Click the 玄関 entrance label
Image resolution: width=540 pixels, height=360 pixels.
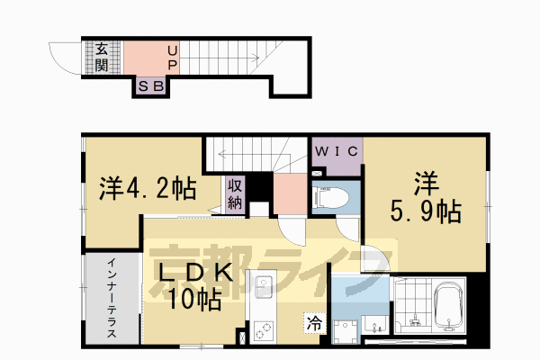tap(102, 58)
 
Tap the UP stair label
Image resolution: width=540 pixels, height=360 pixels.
tap(173, 58)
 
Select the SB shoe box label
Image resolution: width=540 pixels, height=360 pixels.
tap(151, 86)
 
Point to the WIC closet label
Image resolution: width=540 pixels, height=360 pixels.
tap(337, 151)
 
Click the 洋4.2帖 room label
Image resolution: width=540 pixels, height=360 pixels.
tap(148, 188)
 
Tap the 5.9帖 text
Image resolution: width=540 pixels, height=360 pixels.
tap(426, 211)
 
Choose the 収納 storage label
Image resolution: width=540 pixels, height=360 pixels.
tap(235, 194)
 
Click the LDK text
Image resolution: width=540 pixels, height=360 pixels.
tap(195, 274)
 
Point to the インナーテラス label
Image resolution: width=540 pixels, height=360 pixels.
tap(112, 298)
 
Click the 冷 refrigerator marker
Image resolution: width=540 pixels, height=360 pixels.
tap(314, 323)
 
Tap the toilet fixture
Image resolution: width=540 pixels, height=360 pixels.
tap(331, 198)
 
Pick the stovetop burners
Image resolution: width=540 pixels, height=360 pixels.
tap(264, 331)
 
